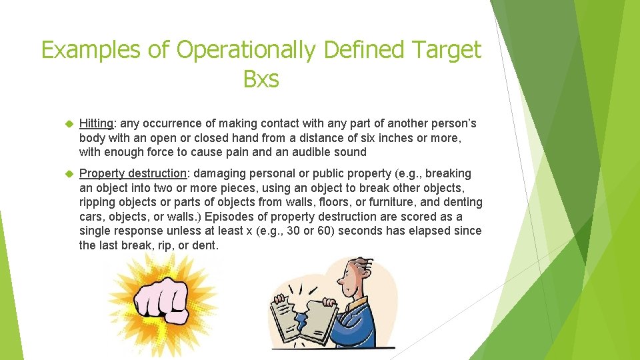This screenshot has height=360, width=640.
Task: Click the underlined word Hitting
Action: pos(95,123)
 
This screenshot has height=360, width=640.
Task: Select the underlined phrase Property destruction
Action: pos(133,173)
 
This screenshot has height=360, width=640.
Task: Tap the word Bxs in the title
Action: pos(261,79)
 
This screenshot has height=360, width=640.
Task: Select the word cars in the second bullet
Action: pos(91,217)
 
